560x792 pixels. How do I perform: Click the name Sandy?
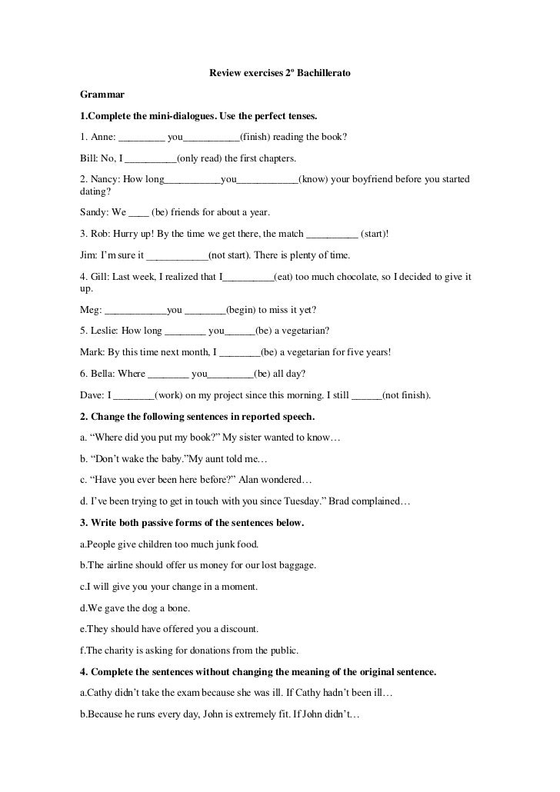95,211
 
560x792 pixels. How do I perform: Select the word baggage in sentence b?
298,565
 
